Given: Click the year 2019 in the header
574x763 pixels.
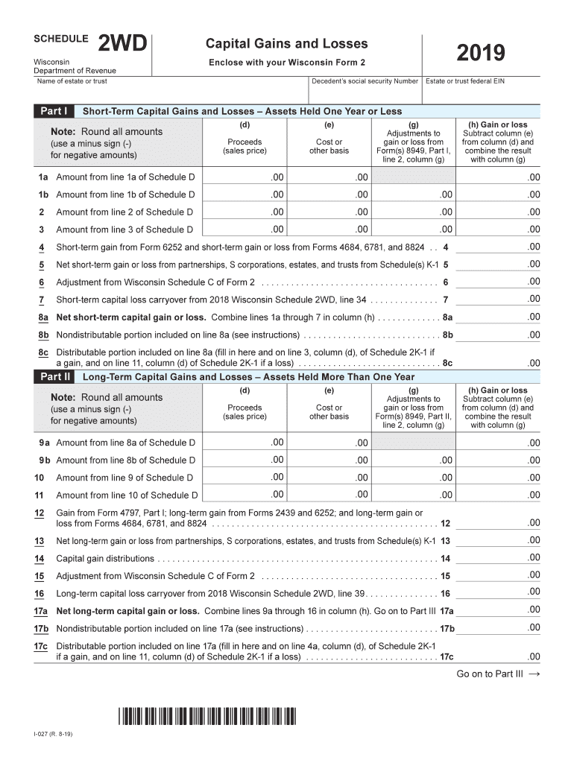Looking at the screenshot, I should pyautogui.click(x=481, y=53).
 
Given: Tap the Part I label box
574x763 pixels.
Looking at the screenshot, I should pyautogui.click(x=53, y=111).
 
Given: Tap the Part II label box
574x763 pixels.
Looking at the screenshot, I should pyautogui.click(x=53, y=377).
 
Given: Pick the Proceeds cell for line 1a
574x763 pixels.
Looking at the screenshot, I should pyautogui.click(x=245, y=177).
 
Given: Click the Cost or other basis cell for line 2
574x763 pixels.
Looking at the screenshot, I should pyautogui.click(x=329, y=212).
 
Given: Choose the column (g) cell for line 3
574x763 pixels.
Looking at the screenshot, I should pyautogui.click(x=414, y=229).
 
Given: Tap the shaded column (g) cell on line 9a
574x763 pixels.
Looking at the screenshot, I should pyautogui.click(x=414, y=443).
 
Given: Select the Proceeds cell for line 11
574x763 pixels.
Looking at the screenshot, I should pyautogui.click(x=245, y=494).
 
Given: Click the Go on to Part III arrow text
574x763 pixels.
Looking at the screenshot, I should pyautogui.click(x=497, y=674).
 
